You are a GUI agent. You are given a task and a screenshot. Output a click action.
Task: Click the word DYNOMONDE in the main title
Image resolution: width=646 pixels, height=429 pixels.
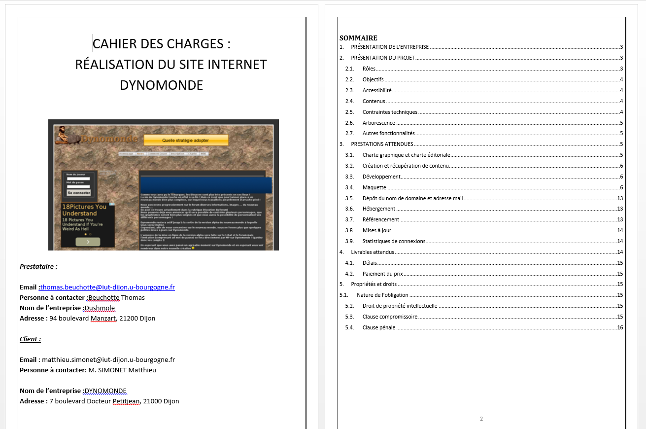162,85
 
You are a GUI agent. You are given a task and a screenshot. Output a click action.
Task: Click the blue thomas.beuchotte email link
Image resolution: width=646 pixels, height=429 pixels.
108,287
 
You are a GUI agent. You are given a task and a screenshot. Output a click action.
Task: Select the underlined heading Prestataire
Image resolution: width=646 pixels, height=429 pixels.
38,267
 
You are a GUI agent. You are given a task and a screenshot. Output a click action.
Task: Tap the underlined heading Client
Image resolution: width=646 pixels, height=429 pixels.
30,339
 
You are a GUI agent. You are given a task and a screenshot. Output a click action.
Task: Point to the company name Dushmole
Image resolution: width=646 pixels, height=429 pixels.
100,308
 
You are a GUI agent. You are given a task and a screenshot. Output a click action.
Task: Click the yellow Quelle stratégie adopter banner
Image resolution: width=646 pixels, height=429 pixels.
186,141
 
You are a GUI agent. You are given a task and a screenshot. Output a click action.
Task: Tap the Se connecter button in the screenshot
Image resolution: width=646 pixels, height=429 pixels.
79,193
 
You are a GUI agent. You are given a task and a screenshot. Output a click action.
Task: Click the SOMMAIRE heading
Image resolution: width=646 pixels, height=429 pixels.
358,38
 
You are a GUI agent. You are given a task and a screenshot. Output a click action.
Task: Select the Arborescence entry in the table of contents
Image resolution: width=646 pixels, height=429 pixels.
378,123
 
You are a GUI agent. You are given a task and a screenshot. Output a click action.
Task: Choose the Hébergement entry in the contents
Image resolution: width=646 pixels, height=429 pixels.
378,209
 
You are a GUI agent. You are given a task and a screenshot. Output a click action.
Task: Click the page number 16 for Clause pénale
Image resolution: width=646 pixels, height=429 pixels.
620,328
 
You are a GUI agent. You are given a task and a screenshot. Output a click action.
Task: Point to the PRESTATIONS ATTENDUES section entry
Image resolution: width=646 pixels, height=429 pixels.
382,144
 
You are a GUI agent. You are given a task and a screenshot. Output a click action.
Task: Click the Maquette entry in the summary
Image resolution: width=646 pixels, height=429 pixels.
374,187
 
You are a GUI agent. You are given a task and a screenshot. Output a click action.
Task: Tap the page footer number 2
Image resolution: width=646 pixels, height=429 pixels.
481,419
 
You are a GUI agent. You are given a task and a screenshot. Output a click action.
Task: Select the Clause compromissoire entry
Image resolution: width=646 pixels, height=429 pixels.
390,317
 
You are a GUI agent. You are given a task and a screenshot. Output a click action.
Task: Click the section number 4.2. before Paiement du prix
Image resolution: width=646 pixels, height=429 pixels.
349,274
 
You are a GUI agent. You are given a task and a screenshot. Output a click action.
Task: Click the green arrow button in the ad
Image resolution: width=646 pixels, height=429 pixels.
88,242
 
